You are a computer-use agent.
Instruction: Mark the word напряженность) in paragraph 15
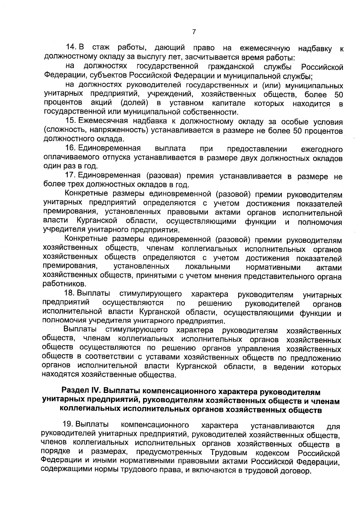121,130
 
